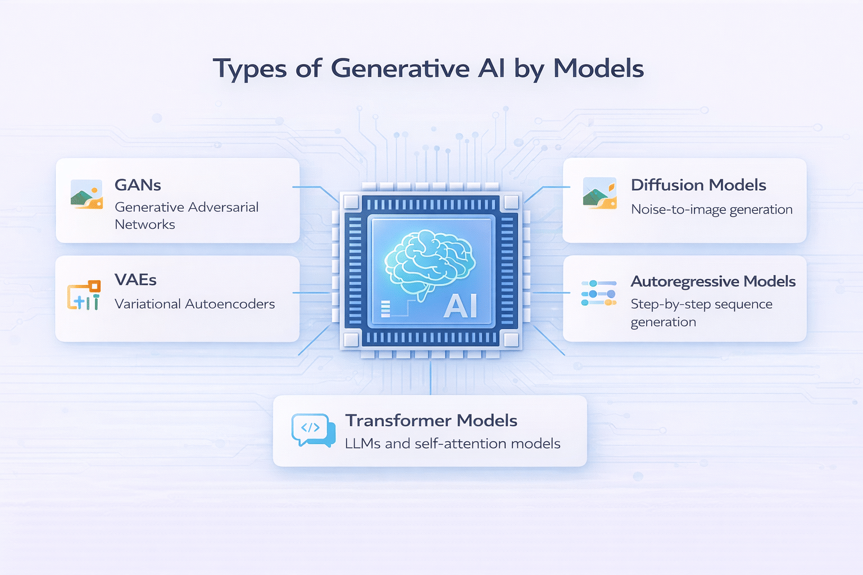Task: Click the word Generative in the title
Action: point(400,69)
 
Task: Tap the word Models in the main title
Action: point(598,69)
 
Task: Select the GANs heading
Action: point(138,185)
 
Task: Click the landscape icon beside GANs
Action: point(87,194)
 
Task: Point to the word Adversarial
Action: point(224,207)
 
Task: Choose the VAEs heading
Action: point(135,280)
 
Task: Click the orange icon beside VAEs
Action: point(84,295)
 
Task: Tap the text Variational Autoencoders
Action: point(194,304)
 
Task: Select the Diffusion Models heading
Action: point(698,185)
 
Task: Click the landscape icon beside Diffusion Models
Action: point(599,193)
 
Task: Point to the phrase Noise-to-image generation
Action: point(711,209)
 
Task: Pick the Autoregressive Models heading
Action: point(713,281)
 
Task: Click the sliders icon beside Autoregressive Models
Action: point(598,293)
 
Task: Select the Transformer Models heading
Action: point(431,420)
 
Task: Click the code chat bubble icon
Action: point(312,430)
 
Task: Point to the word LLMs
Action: point(362,444)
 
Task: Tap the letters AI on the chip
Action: point(460,307)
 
